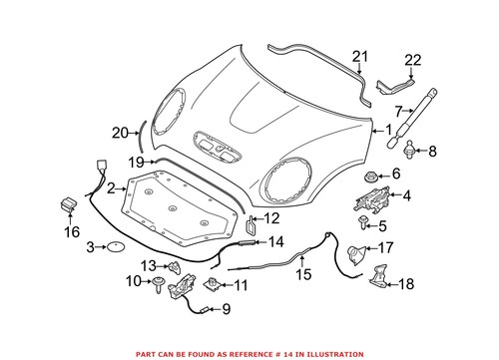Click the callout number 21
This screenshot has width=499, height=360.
[361, 56]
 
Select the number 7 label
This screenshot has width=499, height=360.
[398, 110]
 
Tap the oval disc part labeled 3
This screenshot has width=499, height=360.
[117, 246]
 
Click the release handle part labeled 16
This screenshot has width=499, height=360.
[70, 203]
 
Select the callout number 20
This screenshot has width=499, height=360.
[120, 132]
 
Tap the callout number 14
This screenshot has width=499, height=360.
[275, 241]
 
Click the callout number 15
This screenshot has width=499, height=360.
[303, 273]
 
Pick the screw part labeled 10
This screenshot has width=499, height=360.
[160, 285]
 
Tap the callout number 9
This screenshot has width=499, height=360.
[226, 308]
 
